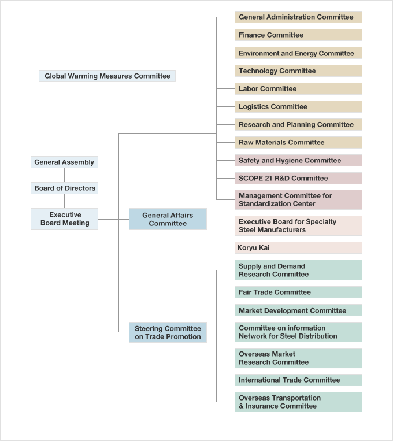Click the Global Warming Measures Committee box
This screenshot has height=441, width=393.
(x=107, y=76)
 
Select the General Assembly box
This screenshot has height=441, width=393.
(x=64, y=162)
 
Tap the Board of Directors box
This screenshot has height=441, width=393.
(x=64, y=188)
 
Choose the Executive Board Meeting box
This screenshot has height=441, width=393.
(x=64, y=219)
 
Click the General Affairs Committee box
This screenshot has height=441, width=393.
(x=168, y=219)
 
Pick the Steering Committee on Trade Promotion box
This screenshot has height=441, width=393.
(x=168, y=332)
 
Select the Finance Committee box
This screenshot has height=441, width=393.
(x=298, y=35)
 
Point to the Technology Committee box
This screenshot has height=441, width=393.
(x=298, y=71)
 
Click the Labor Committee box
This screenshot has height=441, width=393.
(x=298, y=88)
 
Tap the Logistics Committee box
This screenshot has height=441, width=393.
(x=298, y=106)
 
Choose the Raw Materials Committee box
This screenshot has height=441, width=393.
(x=298, y=142)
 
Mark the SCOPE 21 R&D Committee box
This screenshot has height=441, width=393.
(x=298, y=178)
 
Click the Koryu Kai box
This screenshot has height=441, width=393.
(x=298, y=247)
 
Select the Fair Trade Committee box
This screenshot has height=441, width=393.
(x=298, y=292)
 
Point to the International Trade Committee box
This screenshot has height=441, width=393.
(x=298, y=380)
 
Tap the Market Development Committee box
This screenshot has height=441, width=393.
(x=298, y=310)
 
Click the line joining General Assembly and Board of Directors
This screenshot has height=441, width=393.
(x=64, y=175)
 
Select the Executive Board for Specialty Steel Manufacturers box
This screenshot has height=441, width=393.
(x=298, y=225)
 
